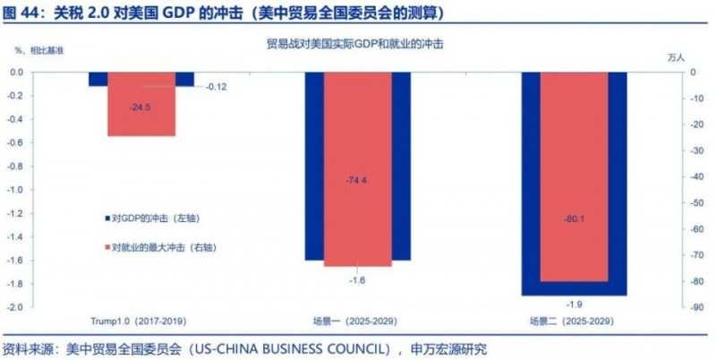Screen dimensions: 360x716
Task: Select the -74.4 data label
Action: [357, 181]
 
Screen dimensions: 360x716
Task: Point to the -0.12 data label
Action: [217, 87]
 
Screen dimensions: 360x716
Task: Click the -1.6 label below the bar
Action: [357, 281]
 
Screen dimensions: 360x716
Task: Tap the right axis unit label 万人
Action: [678, 57]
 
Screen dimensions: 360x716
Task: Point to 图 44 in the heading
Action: [21, 13]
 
